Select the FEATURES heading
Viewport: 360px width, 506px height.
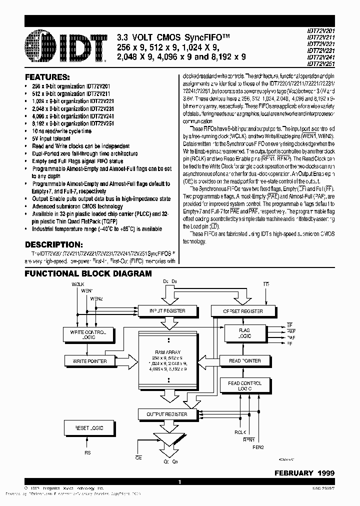click(x=47, y=78)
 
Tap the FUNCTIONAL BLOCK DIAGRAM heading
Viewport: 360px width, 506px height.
click(x=88, y=273)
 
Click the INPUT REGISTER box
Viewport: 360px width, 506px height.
click(x=167, y=311)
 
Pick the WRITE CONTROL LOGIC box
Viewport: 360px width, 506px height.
click(x=89, y=334)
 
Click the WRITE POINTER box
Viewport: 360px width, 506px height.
click(x=89, y=360)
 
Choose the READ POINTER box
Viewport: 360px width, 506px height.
click(x=244, y=360)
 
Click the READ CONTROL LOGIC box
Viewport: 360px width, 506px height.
click(x=244, y=385)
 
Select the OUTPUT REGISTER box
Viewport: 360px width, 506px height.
click(x=167, y=414)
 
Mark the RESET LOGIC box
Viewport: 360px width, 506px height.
click(x=89, y=428)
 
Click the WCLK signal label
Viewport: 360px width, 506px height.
click(x=77, y=283)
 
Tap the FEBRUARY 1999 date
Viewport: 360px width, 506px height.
click(x=304, y=472)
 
